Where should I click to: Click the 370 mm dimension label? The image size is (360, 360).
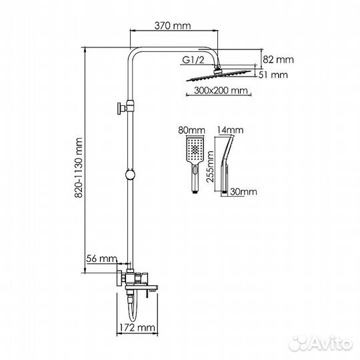coord(173,26)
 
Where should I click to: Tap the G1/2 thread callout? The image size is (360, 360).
coord(193,60)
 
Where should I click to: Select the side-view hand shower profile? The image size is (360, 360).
coord(226,163)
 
